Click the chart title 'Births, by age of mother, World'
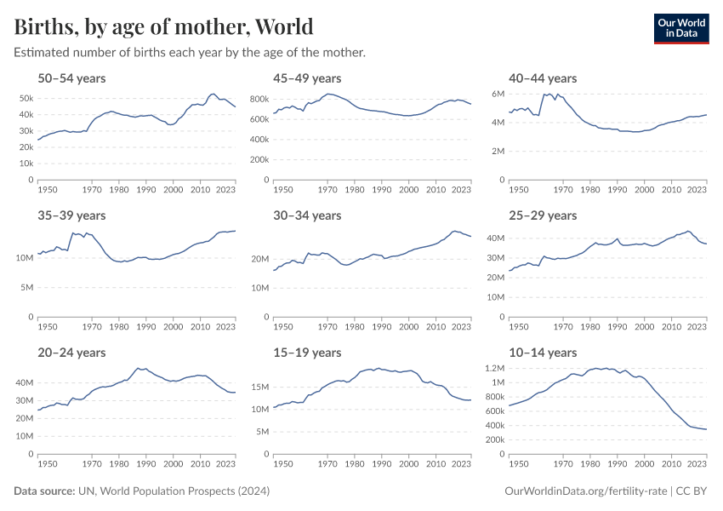pos(163,26)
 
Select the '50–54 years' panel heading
pos(71,78)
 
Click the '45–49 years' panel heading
pos(307,78)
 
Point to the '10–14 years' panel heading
pos(542,353)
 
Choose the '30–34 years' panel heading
pos(307,215)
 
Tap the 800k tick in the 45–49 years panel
pos(259,100)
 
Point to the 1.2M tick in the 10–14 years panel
pos(495,369)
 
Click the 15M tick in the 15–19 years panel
pos(259,388)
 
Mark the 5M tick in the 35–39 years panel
pos(26,287)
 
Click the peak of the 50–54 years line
pos(213,94)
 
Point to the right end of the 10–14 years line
pos(706,429)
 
